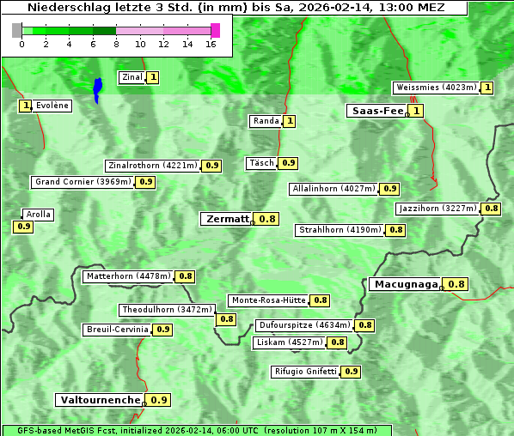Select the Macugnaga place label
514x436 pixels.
406,284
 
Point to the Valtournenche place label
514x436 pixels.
100,400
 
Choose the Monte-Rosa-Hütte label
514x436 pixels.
267,300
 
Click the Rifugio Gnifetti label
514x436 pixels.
305,372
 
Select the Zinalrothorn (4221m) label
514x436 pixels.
153,166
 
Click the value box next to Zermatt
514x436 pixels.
267,219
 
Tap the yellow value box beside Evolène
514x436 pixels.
25,106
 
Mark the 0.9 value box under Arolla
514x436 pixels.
23,227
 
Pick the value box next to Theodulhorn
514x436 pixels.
226,319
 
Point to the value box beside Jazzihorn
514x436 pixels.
491,209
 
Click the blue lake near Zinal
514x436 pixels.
97,88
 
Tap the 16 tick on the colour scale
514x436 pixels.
211,44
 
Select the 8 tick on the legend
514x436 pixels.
116,44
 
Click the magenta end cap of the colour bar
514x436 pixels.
215,30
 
